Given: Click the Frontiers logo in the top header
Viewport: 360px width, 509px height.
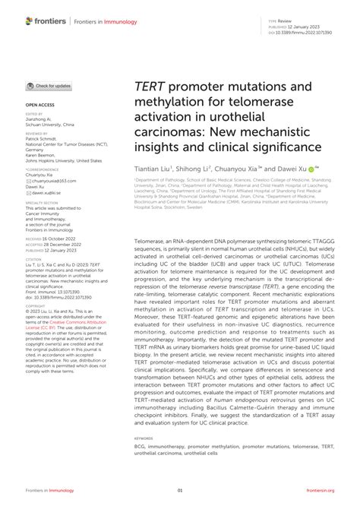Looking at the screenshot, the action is pos(46,23).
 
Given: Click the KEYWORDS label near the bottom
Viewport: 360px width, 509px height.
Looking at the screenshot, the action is pos(143,439).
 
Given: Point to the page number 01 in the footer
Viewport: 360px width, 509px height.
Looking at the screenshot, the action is pos(180,492).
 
